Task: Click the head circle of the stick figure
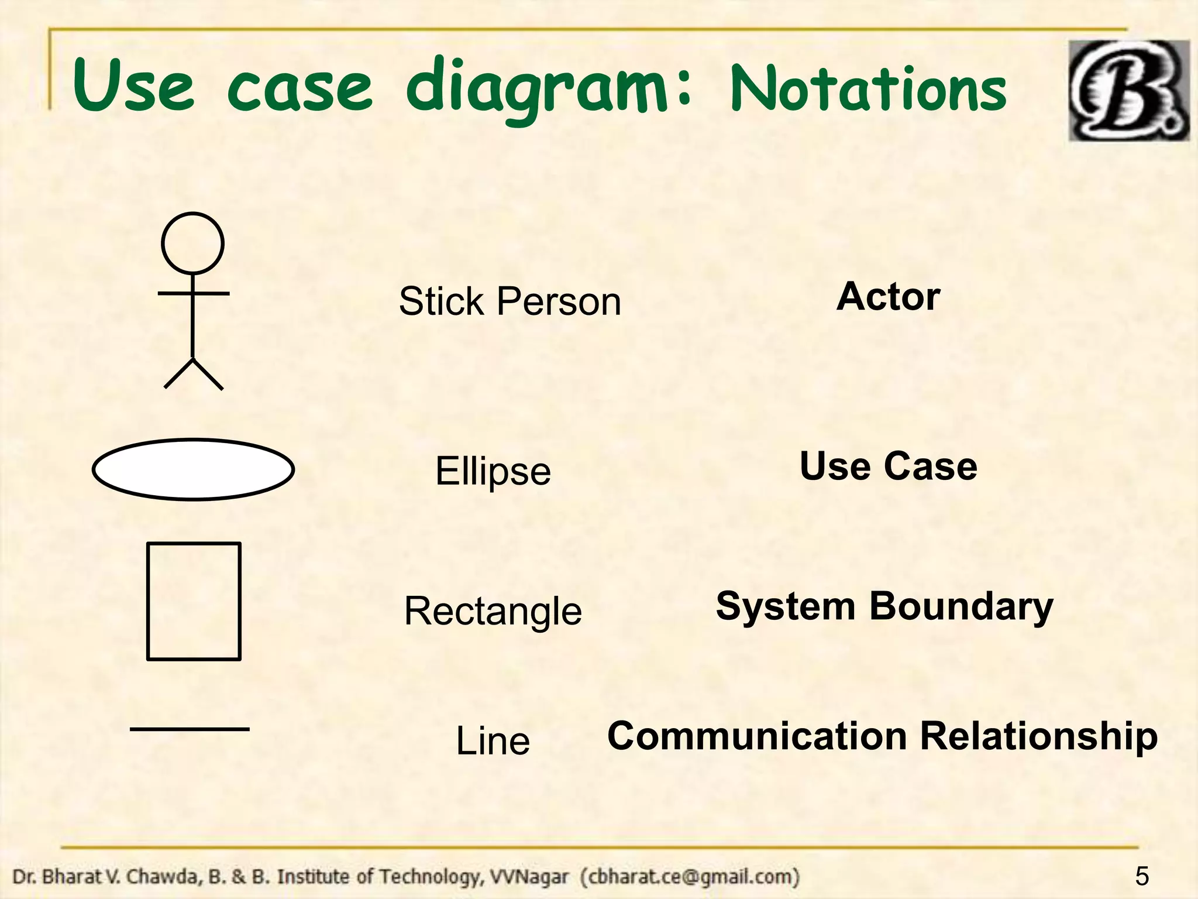tap(192, 243)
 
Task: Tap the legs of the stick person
tap(193, 375)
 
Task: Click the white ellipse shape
tap(193, 469)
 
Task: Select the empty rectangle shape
tap(194, 601)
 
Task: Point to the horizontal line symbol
tap(190, 729)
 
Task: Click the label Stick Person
tap(510, 301)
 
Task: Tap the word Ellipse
tap(493, 471)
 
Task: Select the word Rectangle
tap(493, 610)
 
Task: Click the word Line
tap(493, 740)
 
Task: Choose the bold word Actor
tap(888, 297)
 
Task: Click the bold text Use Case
tap(888, 466)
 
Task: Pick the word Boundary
tap(961, 606)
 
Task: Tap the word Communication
tap(758, 736)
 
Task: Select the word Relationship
tap(1038, 736)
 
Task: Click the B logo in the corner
tap(1128, 91)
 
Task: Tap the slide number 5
tap(1141, 876)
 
